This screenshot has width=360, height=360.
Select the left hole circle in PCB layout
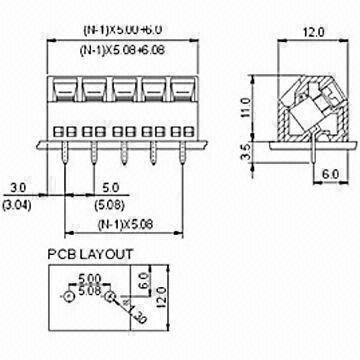[68, 298]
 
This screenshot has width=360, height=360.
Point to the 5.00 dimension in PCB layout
[88, 279]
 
